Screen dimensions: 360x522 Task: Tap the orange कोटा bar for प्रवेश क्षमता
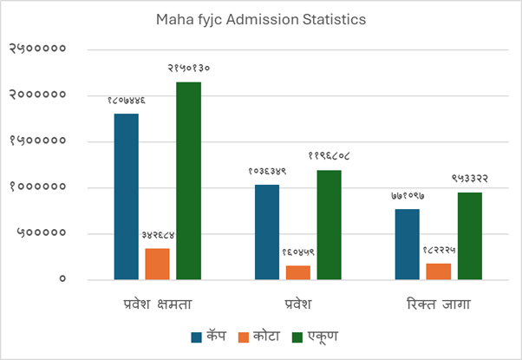coord(157,264)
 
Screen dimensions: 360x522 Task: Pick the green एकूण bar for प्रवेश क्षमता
coord(188,180)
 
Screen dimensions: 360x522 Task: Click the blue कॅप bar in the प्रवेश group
coord(267,232)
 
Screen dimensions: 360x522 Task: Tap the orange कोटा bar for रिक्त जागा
coord(439,271)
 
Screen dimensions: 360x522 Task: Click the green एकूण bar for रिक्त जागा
coord(470,235)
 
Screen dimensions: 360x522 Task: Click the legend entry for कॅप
coord(209,336)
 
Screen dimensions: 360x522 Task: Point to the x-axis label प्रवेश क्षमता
coord(157,304)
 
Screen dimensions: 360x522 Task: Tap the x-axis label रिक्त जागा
coord(439,304)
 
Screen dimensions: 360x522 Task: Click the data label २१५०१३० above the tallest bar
coord(186,67)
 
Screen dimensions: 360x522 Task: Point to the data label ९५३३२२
coord(469,178)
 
